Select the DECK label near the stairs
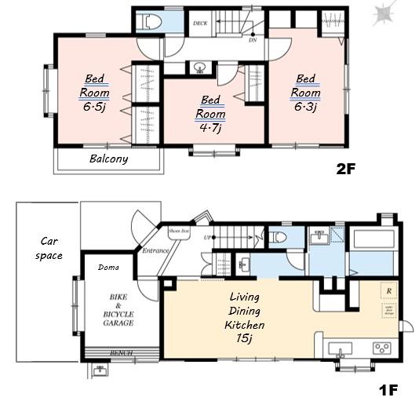[199, 24]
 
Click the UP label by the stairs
[206, 236]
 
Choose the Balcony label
[108, 159]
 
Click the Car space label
[42, 249]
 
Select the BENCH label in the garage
[121, 353]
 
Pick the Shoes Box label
[180, 231]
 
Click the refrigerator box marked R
[388, 291]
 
